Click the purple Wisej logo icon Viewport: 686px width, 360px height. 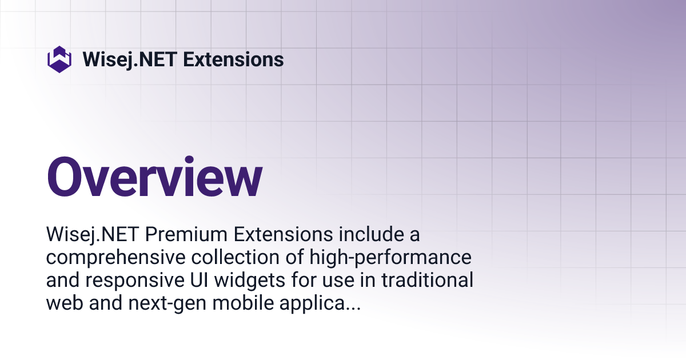[x=59, y=59]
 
